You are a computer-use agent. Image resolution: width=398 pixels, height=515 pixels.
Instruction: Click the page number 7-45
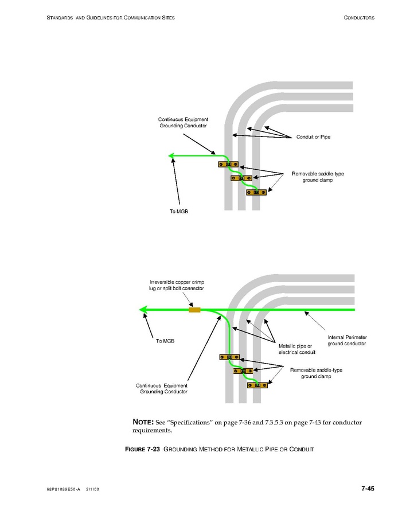[367, 489]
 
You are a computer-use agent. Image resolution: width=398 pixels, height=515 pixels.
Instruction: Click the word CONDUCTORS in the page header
[359, 18]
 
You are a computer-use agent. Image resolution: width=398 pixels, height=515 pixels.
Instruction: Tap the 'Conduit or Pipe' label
[313, 137]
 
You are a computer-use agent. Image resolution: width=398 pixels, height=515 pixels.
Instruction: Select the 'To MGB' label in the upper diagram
[179, 212]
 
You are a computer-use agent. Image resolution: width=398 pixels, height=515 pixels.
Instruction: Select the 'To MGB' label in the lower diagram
[165, 341]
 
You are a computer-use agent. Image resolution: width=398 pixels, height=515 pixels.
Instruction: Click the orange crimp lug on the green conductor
[194, 310]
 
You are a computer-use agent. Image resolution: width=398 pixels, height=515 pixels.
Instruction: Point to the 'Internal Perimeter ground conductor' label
[347, 340]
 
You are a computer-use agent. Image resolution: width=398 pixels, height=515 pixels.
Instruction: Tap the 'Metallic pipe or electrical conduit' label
[295, 349]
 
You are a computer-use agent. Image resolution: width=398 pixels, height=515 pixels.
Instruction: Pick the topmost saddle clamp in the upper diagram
[228, 165]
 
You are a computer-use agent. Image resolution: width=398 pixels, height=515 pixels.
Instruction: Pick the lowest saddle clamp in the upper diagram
[256, 192]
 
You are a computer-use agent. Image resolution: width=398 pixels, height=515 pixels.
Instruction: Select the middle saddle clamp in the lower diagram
[243, 371]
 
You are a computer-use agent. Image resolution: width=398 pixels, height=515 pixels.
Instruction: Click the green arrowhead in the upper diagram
[171, 155]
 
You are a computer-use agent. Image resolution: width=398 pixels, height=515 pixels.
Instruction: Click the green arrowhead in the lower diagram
[145, 310]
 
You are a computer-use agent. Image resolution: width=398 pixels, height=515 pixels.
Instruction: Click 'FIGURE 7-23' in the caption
[143, 449]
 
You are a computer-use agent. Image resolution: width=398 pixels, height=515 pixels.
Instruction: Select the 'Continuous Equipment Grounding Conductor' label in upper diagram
[183, 122]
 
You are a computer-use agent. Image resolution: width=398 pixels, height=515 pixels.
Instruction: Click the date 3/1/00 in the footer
[93, 489]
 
